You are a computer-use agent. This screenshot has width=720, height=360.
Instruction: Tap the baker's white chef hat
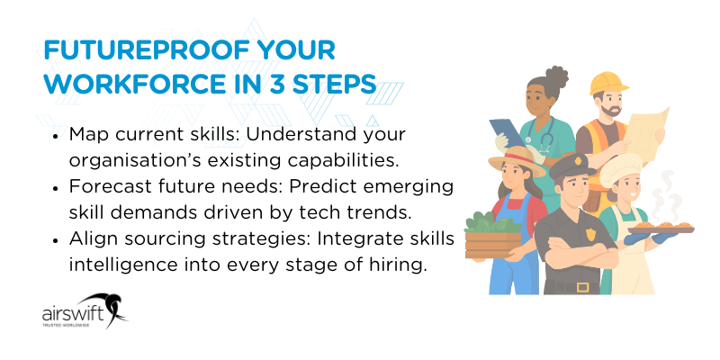click(x=625, y=167)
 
